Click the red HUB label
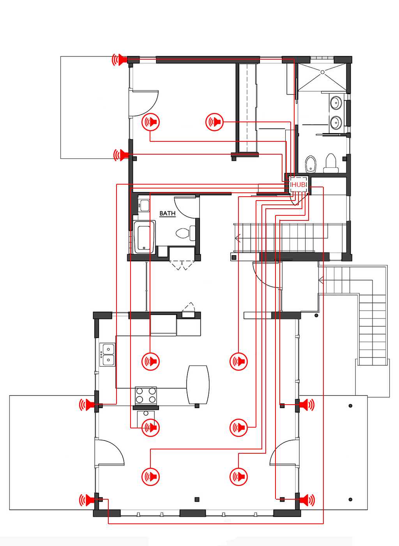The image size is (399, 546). pyautogui.click(x=298, y=185)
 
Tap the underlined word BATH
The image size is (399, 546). pyautogui.click(x=167, y=213)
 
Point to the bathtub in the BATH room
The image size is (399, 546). pyautogui.click(x=144, y=237)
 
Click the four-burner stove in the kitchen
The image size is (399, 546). pyautogui.click(x=146, y=395)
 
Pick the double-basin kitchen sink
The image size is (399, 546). pyautogui.click(x=108, y=355)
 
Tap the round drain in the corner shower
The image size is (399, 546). pyautogui.click(x=322, y=72)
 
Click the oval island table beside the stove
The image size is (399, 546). pyautogui.click(x=198, y=385)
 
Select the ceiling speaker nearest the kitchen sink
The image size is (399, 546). pyautogui.click(x=150, y=361)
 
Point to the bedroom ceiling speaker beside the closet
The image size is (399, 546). pyautogui.click(x=214, y=122)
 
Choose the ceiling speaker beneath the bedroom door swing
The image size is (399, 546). pyautogui.click(x=150, y=122)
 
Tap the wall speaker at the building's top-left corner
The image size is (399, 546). pyautogui.click(x=120, y=60)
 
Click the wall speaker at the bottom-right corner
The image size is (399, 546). pyautogui.click(x=307, y=500)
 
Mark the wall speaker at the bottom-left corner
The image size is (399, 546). pyautogui.click(x=87, y=500)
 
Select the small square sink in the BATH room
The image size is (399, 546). pyautogui.click(x=144, y=205)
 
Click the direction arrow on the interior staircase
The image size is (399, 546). pyautogui.click(x=238, y=238)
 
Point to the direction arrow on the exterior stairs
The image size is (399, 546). pyautogui.click(x=321, y=280)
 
